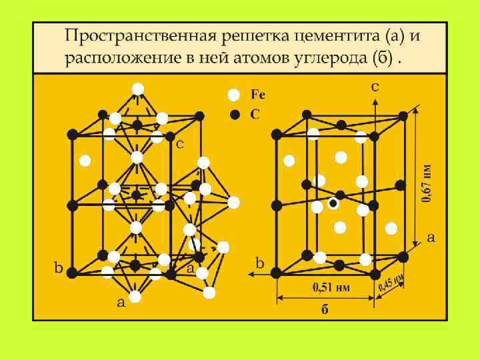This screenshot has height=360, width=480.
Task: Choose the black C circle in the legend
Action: coord(234,114)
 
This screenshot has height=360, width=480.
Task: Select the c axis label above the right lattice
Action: coord(375,86)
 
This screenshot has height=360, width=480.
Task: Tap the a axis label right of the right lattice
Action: coord(431,237)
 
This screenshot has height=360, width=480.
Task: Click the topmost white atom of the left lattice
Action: coord(138,89)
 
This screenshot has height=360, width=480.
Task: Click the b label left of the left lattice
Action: coord(59,269)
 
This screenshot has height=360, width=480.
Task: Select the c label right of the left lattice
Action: coord(180,144)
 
